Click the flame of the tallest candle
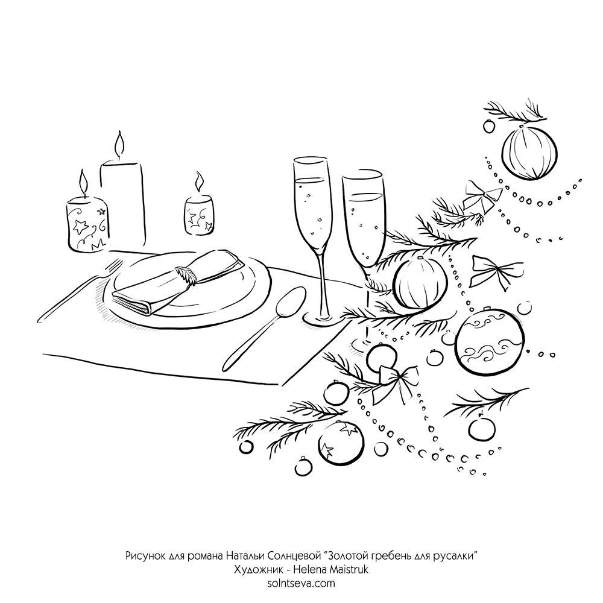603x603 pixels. (x=119, y=146)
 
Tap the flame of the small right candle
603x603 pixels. (x=199, y=182)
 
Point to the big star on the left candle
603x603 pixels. (x=81, y=226)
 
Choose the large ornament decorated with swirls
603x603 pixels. (x=489, y=341)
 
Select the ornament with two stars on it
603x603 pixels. (x=340, y=443)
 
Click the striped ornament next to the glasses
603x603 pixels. (x=420, y=283)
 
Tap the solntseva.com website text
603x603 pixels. (x=301, y=583)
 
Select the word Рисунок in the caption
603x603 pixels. (x=146, y=556)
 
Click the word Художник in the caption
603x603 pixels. (x=255, y=570)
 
